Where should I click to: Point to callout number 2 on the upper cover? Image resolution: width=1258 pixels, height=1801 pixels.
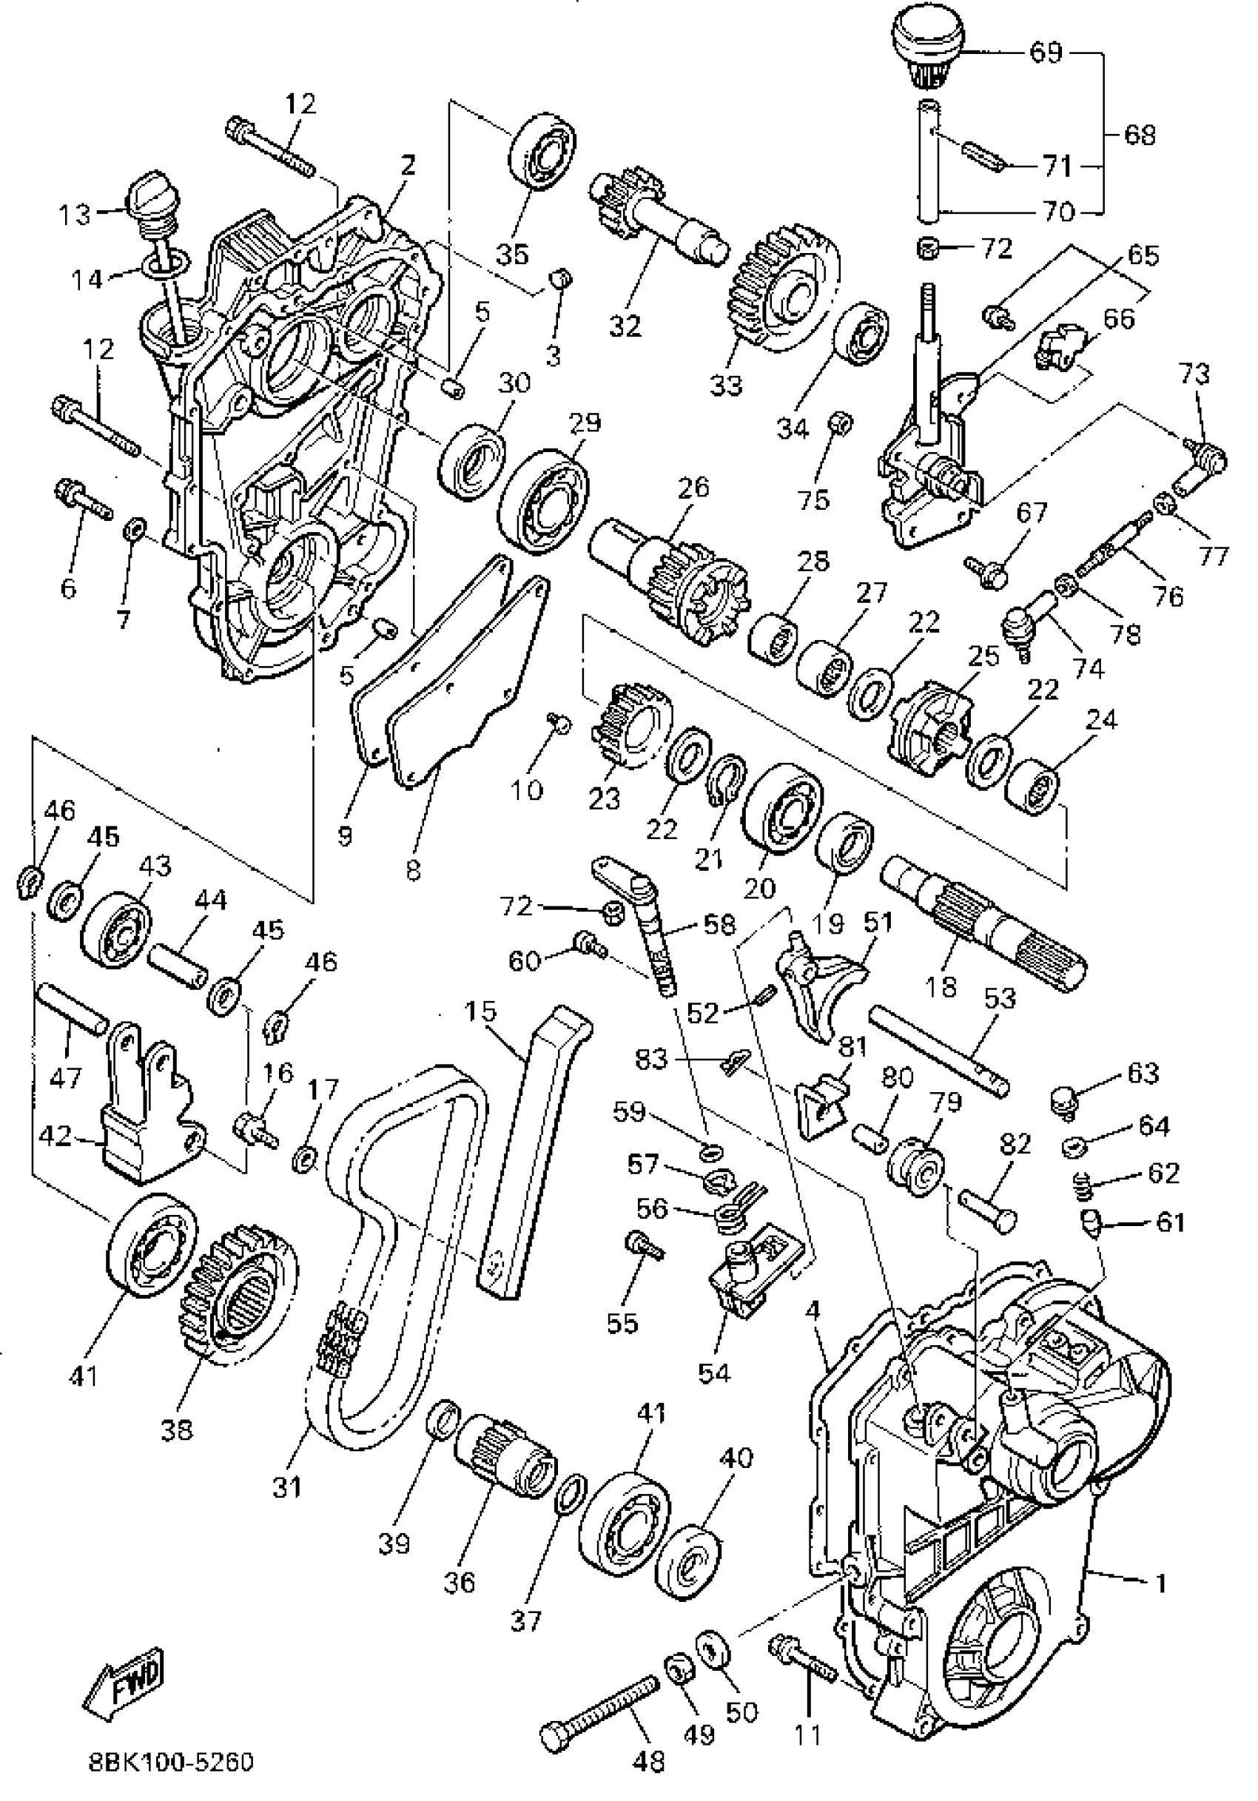click(x=407, y=164)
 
